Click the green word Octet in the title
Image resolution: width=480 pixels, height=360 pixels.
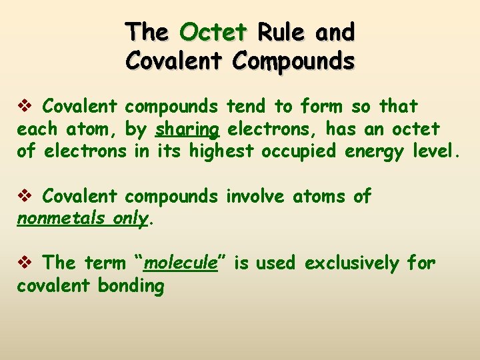click(213, 32)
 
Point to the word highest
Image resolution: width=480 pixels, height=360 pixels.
click(221, 151)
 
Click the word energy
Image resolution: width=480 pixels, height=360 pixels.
click(375, 151)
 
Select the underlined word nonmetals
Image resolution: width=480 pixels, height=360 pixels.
click(59, 219)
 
